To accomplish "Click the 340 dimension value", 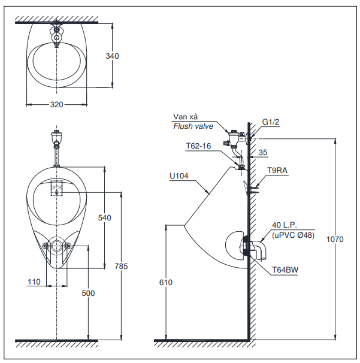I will (112, 56).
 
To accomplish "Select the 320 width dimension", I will (56, 104).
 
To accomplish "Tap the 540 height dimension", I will (104, 218).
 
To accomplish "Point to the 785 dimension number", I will (121, 266).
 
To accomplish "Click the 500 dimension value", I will (89, 293).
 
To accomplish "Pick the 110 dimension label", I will (34, 281).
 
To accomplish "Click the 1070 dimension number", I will (335, 239).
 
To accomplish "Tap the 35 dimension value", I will (263, 153).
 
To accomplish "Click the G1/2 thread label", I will (271, 122).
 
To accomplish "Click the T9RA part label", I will (277, 170).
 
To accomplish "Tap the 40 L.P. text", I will (285, 225).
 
